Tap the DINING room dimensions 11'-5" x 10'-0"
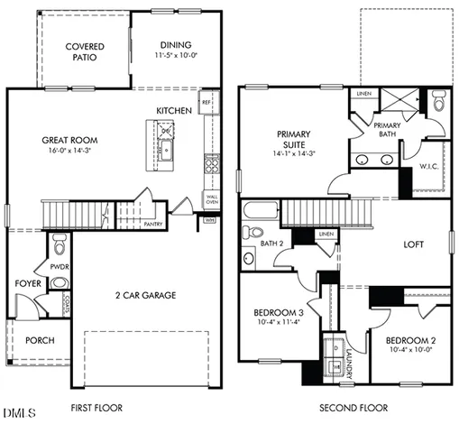tap(176, 56)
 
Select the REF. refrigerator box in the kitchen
tap(207, 102)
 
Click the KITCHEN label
tap(174, 110)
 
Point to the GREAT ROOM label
tap(69, 141)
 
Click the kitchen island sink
tap(166, 148)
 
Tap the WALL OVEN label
tap(211, 200)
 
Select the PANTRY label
tap(152, 224)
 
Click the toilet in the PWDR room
tap(60, 244)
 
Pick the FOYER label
tap(27, 282)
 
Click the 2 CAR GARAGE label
tap(144, 295)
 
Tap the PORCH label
tap(40, 340)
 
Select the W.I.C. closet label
tap(428, 167)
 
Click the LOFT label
tap(414, 243)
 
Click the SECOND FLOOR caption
tap(353, 408)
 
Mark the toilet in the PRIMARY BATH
tap(437, 102)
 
